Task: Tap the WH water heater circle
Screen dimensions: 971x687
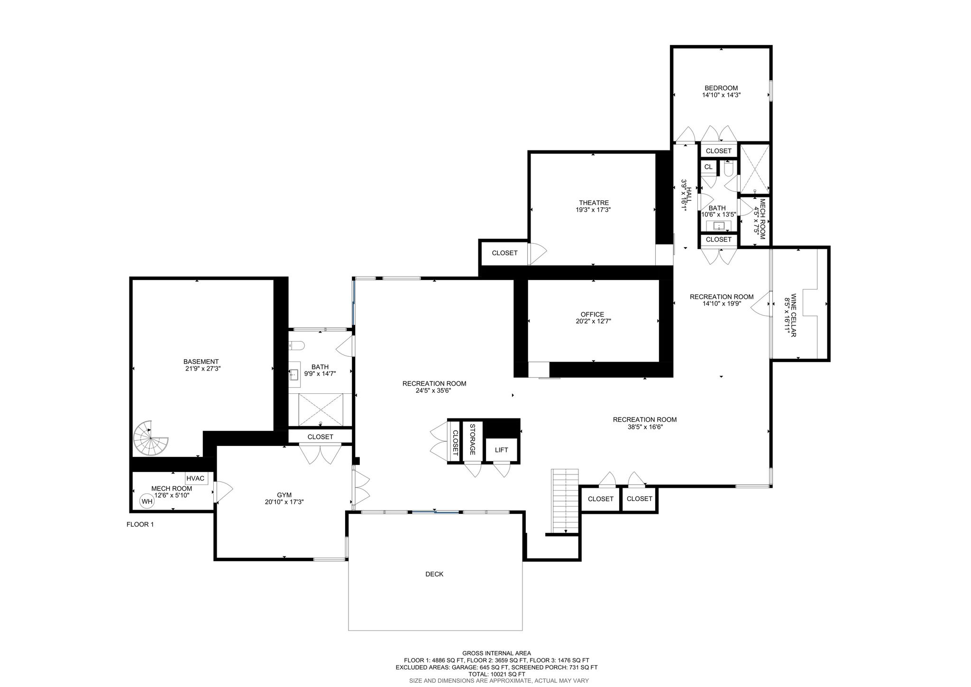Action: coord(147,501)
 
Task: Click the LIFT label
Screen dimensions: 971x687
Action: coord(501,450)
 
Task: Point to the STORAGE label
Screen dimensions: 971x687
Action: coord(472,439)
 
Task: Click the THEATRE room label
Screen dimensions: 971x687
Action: coord(594,203)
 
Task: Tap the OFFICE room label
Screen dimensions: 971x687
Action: coord(592,314)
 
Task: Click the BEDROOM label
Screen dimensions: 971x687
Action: coord(721,88)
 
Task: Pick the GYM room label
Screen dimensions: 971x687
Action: coord(284,495)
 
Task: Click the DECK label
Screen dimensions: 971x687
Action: coord(434,574)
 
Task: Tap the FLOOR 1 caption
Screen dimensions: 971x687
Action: coord(140,524)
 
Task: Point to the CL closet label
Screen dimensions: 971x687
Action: coord(708,167)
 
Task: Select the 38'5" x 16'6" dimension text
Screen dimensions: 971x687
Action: coord(644,427)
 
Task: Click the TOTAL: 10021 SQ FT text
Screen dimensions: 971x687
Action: coord(496,674)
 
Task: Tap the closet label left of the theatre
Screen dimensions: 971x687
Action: coord(504,253)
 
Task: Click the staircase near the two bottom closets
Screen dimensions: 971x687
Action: coord(565,501)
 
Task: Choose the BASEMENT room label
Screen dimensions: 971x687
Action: coord(201,362)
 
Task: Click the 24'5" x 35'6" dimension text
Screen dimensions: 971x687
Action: coord(433,391)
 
